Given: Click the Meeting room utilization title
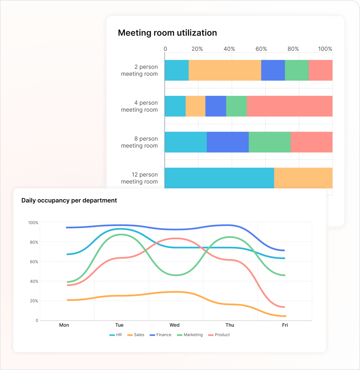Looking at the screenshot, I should (x=167, y=33).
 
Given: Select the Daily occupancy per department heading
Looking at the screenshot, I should (x=69, y=200).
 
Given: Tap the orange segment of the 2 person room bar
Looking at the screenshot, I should (x=225, y=70).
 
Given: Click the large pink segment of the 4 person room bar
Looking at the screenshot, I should (x=289, y=106).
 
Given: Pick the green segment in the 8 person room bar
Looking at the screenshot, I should (x=269, y=142).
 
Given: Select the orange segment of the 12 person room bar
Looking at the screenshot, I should (x=303, y=178).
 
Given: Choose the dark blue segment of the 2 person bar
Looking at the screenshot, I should (x=273, y=70).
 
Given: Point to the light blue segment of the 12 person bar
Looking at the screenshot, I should (x=219, y=178).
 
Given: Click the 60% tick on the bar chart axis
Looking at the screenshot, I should (x=261, y=49).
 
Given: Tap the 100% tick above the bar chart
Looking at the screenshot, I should (x=325, y=49).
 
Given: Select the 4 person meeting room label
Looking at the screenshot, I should (x=139, y=106).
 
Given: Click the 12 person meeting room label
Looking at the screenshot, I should (x=139, y=178).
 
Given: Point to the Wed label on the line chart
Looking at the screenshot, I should (x=174, y=325).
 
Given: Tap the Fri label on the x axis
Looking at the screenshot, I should (x=285, y=325).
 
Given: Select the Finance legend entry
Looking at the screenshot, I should (x=161, y=335).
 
